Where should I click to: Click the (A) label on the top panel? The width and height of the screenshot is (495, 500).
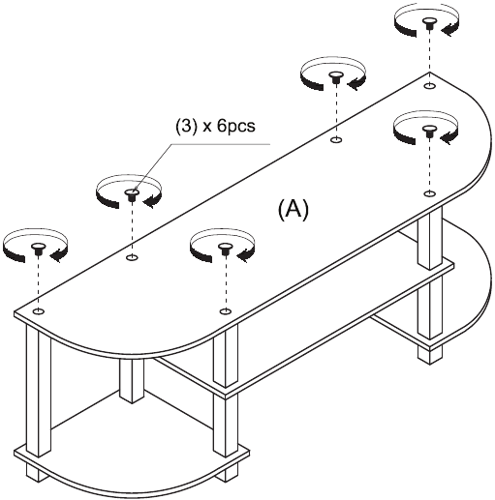coord(294,210)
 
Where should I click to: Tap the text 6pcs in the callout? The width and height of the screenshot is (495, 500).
coord(236,126)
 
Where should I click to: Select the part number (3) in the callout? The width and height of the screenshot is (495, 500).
coord(186,126)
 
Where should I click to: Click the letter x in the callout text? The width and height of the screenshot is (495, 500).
coord(206,128)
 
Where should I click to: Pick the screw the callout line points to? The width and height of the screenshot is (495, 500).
coord(132,194)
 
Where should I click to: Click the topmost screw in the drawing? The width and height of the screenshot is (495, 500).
coord(429,23)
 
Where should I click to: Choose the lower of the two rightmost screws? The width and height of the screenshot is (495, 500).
coord(429,132)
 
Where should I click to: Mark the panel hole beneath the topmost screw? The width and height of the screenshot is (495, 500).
coord(429,86)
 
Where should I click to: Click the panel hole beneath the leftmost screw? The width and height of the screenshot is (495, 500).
coord(39,311)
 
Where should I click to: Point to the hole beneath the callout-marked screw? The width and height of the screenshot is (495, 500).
coord(132,257)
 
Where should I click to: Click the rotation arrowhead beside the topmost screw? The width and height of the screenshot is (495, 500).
coord(448,30)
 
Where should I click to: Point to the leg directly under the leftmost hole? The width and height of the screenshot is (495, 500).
coord(38,390)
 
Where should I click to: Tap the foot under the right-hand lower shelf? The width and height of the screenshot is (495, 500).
coord(429,355)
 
